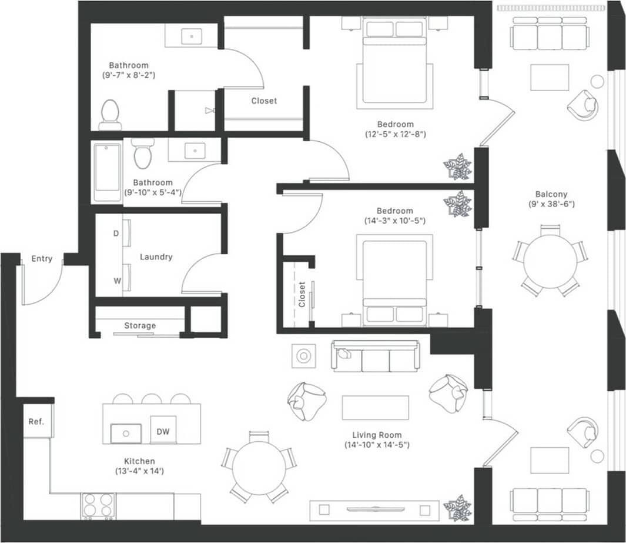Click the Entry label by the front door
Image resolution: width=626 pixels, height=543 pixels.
(x=42, y=258)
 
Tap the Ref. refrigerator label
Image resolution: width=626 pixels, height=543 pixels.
(x=36, y=422)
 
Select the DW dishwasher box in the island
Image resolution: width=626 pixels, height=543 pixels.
(x=163, y=432)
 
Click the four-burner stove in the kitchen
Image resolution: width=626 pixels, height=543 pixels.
(x=98, y=505)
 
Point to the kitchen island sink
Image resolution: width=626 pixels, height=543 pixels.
(x=126, y=434)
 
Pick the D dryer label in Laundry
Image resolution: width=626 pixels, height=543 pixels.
(x=116, y=233)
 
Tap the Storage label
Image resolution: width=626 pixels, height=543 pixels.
(x=140, y=325)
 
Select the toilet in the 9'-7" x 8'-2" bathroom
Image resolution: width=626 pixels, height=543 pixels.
(x=110, y=114)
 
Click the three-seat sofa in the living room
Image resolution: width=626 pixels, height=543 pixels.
(x=376, y=357)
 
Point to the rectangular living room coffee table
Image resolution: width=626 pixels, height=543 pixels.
(x=375, y=408)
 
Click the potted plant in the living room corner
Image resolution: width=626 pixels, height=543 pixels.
(x=457, y=508)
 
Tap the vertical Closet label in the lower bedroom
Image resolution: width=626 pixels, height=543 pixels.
(x=302, y=295)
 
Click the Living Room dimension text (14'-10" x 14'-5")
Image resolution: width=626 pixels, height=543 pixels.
(x=377, y=445)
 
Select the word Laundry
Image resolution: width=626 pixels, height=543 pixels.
(x=156, y=256)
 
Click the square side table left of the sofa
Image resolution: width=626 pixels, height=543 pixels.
(x=304, y=356)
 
